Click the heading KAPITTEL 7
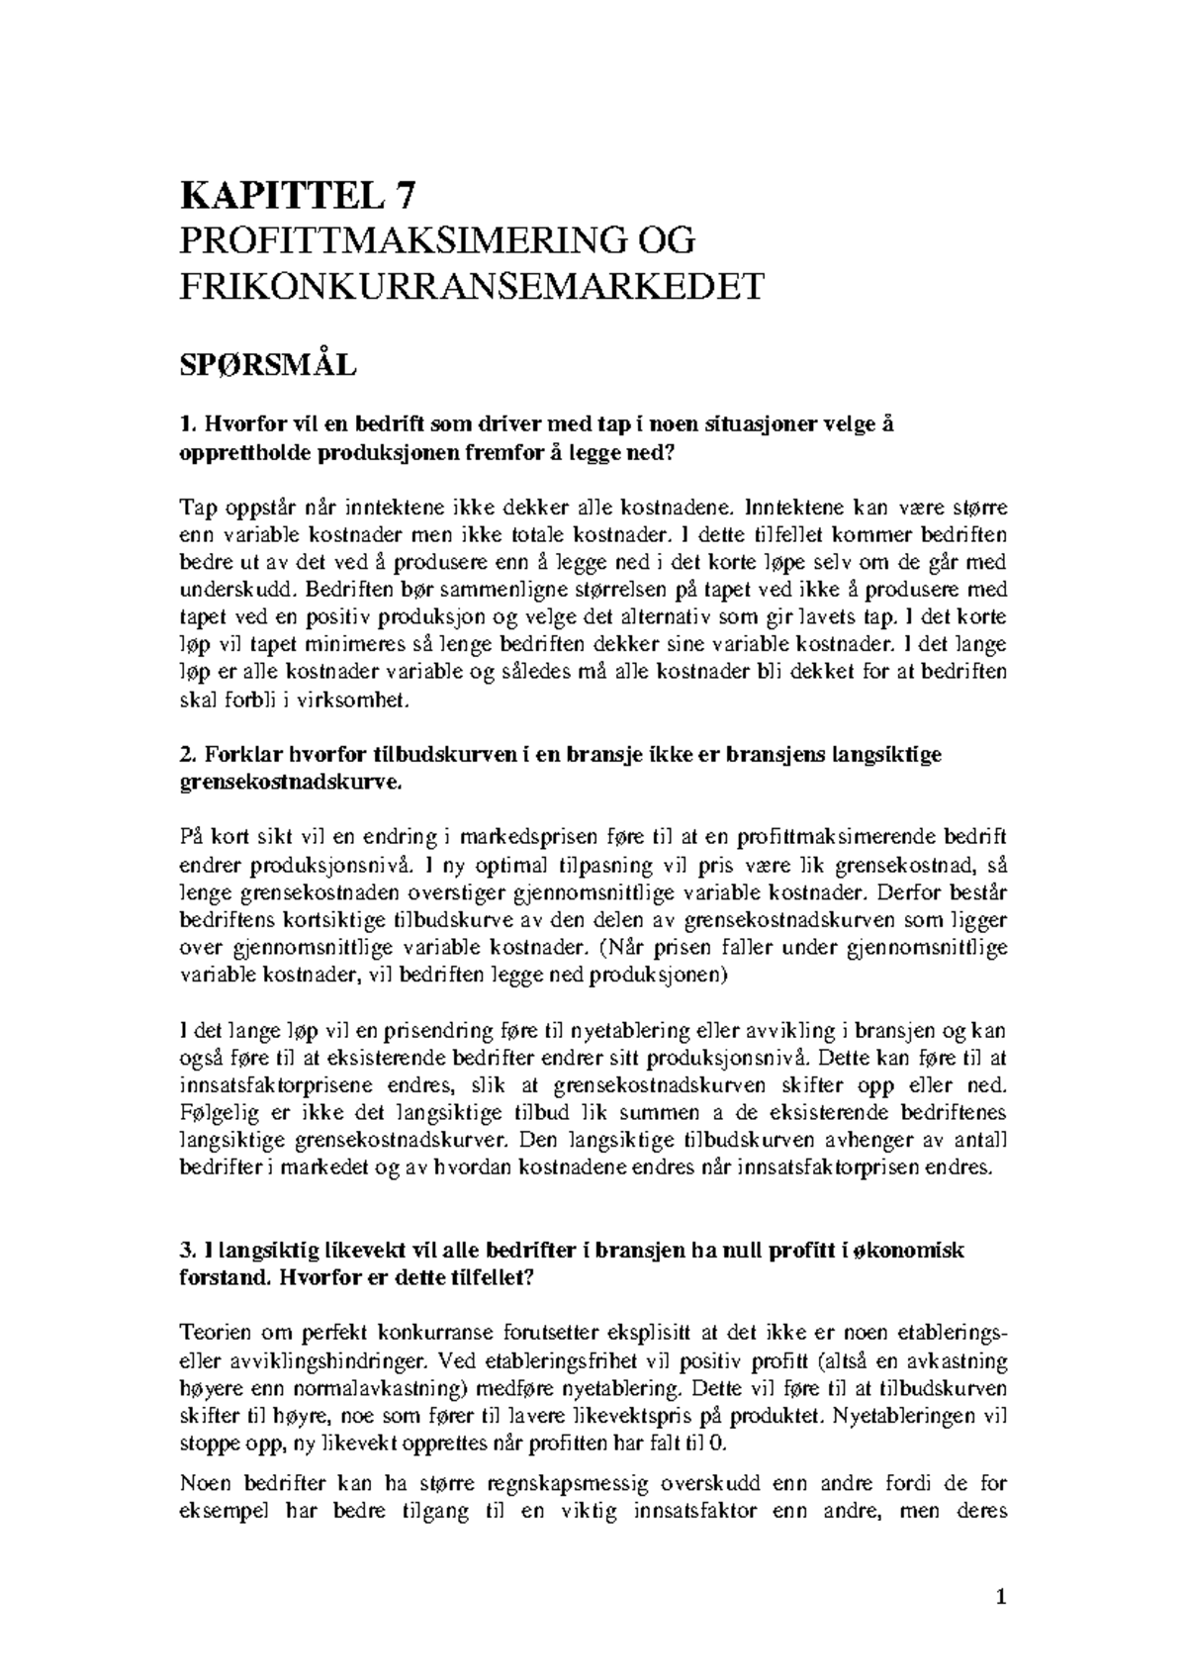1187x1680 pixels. pyautogui.click(x=293, y=196)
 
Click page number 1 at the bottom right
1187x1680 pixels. pyautogui.click(x=1001, y=1597)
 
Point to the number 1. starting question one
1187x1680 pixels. pyautogui.click(x=187, y=425)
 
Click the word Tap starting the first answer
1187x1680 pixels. pyautogui.click(x=196, y=509)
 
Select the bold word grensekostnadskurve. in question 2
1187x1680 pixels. pyautogui.click(x=292, y=783)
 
